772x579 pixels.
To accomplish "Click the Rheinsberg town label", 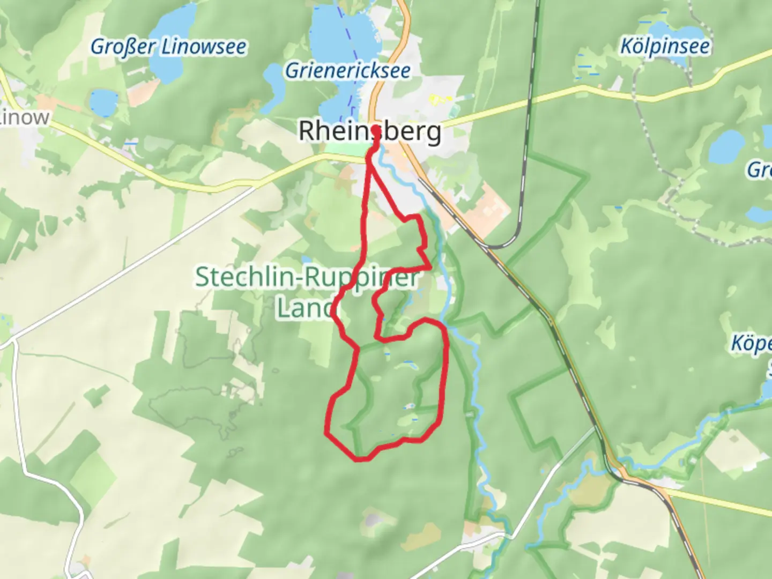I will click(x=370, y=131).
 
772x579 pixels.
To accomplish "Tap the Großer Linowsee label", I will click(x=168, y=47).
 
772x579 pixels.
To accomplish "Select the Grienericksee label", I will click(x=348, y=71).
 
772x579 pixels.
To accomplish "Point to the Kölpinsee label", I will click(x=665, y=47).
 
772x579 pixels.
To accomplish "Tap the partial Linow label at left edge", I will click(x=25, y=117).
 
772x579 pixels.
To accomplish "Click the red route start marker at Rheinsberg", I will click(x=375, y=130).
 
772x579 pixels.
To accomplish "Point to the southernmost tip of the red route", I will click(x=360, y=459).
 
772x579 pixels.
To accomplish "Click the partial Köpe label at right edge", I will click(x=752, y=344).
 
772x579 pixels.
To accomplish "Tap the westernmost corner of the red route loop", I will click(x=327, y=431).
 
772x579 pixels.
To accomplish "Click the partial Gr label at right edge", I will click(x=759, y=170).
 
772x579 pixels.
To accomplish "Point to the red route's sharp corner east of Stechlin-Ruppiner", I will click(x=430, y=267).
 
